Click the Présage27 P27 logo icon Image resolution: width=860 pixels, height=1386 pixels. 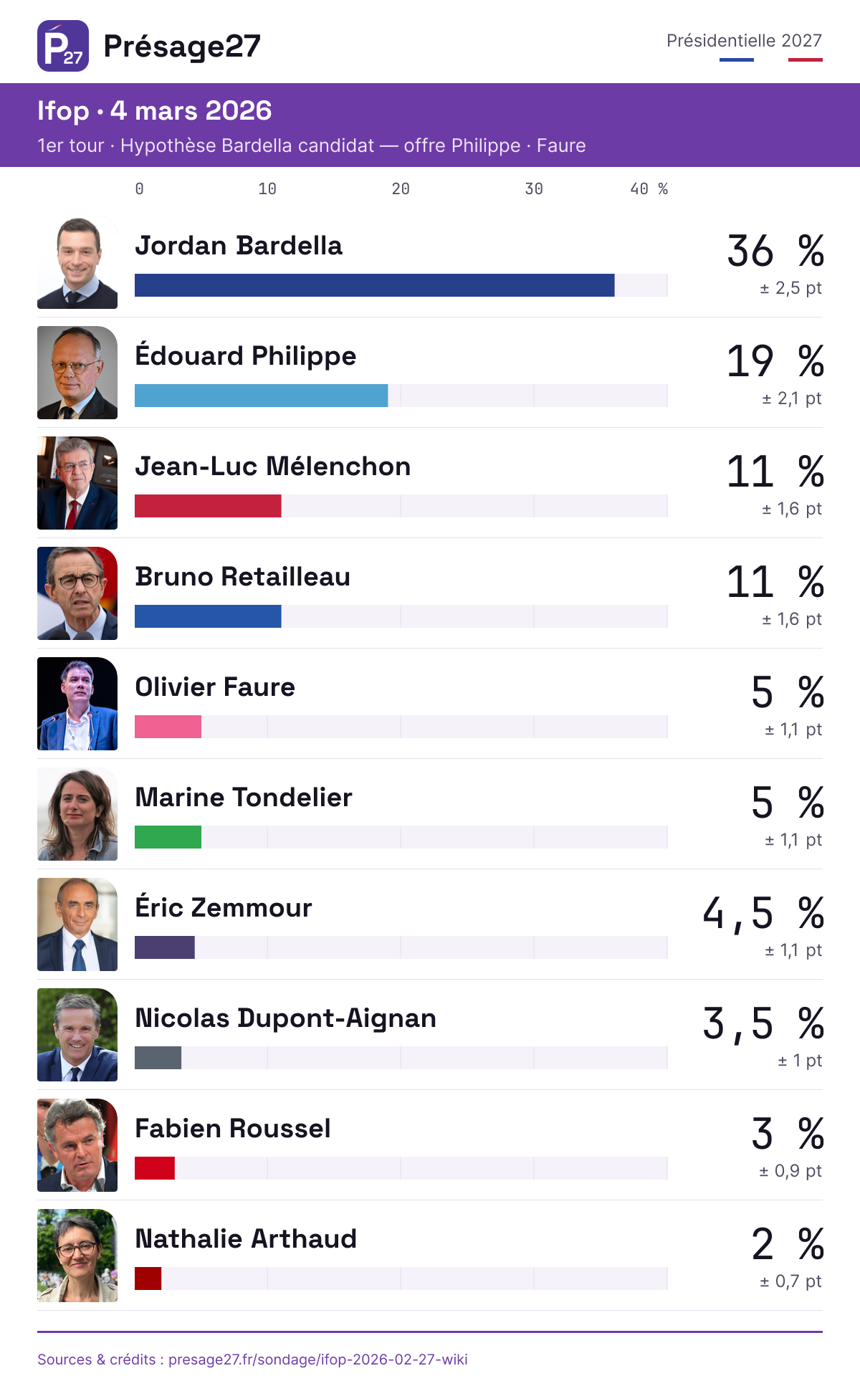63,46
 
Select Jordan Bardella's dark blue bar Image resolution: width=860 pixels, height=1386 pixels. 375,285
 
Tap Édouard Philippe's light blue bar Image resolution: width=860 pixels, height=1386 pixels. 262,396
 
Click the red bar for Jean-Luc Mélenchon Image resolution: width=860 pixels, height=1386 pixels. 208,506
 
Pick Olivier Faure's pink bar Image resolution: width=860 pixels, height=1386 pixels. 168,727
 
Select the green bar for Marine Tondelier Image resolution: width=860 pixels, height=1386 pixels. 168,837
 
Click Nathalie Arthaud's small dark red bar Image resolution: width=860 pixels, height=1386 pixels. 148,1279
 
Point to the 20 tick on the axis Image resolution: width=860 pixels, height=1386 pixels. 401,189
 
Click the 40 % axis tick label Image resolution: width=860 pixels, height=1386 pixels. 649,189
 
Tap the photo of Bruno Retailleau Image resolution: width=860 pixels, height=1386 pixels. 77,593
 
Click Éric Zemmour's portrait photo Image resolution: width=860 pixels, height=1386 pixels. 77,924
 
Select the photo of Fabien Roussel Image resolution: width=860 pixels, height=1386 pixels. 77,1145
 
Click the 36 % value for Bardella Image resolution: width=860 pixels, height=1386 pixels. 775,252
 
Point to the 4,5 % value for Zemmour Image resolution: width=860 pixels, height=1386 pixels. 763,914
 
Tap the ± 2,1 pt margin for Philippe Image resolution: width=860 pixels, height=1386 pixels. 792,398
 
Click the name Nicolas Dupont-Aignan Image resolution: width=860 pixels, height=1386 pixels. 286,1018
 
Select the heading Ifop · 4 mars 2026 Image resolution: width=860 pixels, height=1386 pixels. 155,111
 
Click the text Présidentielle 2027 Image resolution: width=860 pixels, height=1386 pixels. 745,41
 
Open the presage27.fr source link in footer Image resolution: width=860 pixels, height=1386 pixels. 318,1359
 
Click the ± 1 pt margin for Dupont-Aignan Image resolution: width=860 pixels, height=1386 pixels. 801,1061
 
